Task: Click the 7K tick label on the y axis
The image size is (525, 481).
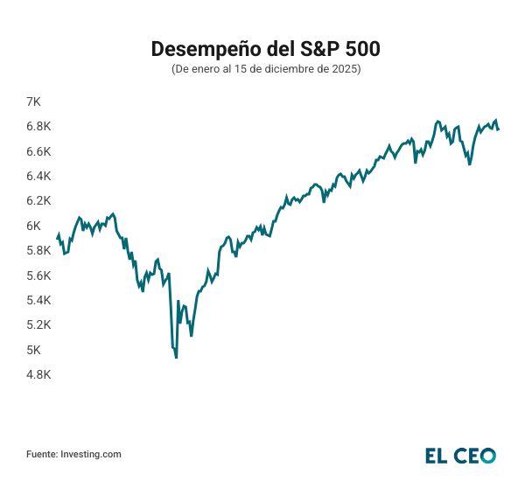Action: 33,101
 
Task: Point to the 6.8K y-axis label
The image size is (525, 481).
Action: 39,126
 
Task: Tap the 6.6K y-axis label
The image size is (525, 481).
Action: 39,151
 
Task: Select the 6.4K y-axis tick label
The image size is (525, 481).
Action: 39,176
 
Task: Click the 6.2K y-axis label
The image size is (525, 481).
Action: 39,200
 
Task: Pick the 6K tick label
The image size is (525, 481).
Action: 33,226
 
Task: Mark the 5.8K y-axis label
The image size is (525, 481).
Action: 39,250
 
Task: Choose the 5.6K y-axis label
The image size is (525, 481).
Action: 39,275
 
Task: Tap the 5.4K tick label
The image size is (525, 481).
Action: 39,300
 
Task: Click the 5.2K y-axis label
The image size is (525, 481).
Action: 39,324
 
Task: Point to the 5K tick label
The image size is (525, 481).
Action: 33,350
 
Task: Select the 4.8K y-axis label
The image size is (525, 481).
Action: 39,374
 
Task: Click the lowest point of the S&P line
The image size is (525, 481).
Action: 177,358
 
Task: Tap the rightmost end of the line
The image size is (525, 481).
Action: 499,129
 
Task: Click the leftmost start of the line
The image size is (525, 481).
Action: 57,237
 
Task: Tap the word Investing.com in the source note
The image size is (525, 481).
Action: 90,454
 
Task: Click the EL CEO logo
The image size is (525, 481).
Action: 460,455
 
